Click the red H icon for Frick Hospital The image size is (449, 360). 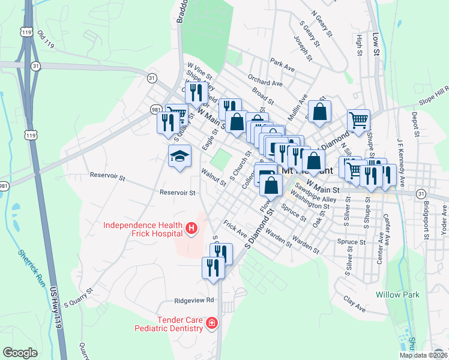click(x=191, y=229)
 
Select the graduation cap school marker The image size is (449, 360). click(x=179, y=157)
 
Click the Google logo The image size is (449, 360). click(x=20, y=353)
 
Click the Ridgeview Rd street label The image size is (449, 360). click(x=194, y=300)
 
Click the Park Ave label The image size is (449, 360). click(x=282, y=65)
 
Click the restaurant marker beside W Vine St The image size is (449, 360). click(x=196, y=92)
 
